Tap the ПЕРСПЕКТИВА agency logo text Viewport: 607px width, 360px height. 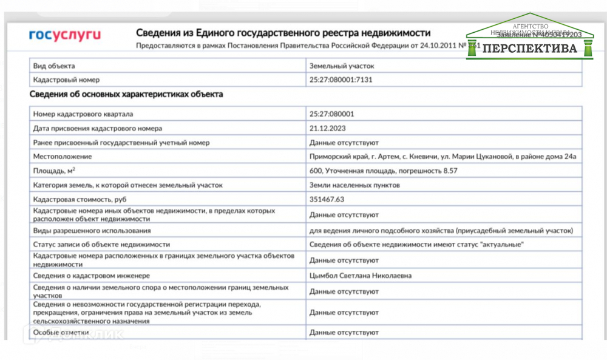(531, 49)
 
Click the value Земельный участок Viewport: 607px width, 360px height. (342, 66)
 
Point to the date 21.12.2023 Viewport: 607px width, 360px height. (327, 128)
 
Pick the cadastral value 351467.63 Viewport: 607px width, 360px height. (327, 199)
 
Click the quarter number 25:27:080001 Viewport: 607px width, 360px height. (331, 114)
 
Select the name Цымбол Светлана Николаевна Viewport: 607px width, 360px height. (361, 276)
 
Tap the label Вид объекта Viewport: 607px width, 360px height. (54, 66)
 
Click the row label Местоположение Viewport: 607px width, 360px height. (63, 157)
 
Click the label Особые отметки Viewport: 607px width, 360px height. (61, 332)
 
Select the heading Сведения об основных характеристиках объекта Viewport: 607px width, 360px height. (126, 95)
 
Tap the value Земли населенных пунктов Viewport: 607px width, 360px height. (354, 185)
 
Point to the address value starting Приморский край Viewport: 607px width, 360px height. (443, 157)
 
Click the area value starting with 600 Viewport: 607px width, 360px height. (383, 171)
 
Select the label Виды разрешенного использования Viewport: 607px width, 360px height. (92, 231)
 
